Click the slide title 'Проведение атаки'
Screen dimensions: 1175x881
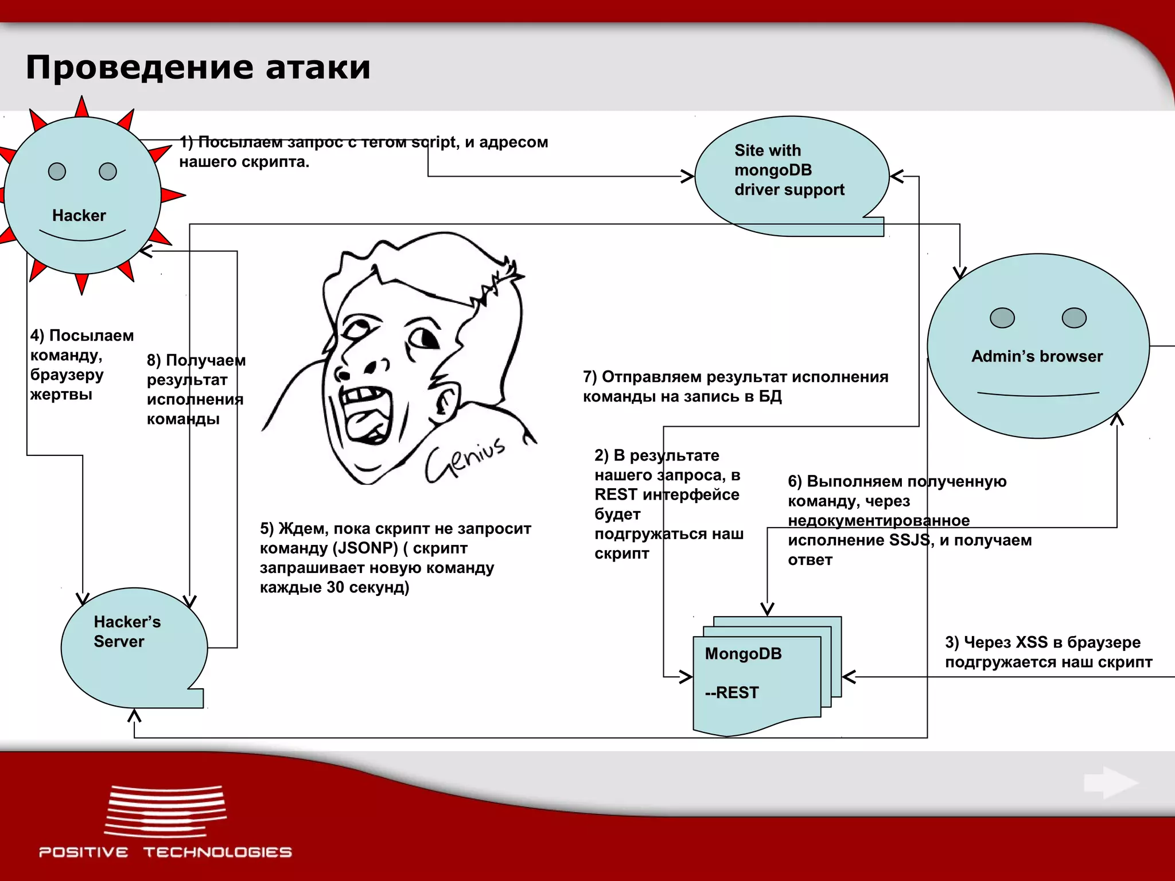198,67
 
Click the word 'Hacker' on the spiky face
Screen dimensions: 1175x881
79,216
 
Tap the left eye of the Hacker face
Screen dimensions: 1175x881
57,171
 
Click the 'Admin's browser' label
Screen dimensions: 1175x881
1037,356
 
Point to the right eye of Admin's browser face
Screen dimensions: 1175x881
1074,318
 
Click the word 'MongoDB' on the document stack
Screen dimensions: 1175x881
743,654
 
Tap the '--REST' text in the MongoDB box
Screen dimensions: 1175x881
732,693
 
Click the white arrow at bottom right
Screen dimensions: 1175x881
1111,783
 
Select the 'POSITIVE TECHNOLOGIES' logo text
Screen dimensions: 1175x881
165,852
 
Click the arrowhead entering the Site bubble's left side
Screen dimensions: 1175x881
687,176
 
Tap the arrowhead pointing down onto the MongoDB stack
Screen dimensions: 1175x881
767,609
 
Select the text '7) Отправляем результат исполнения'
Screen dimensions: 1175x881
736,377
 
